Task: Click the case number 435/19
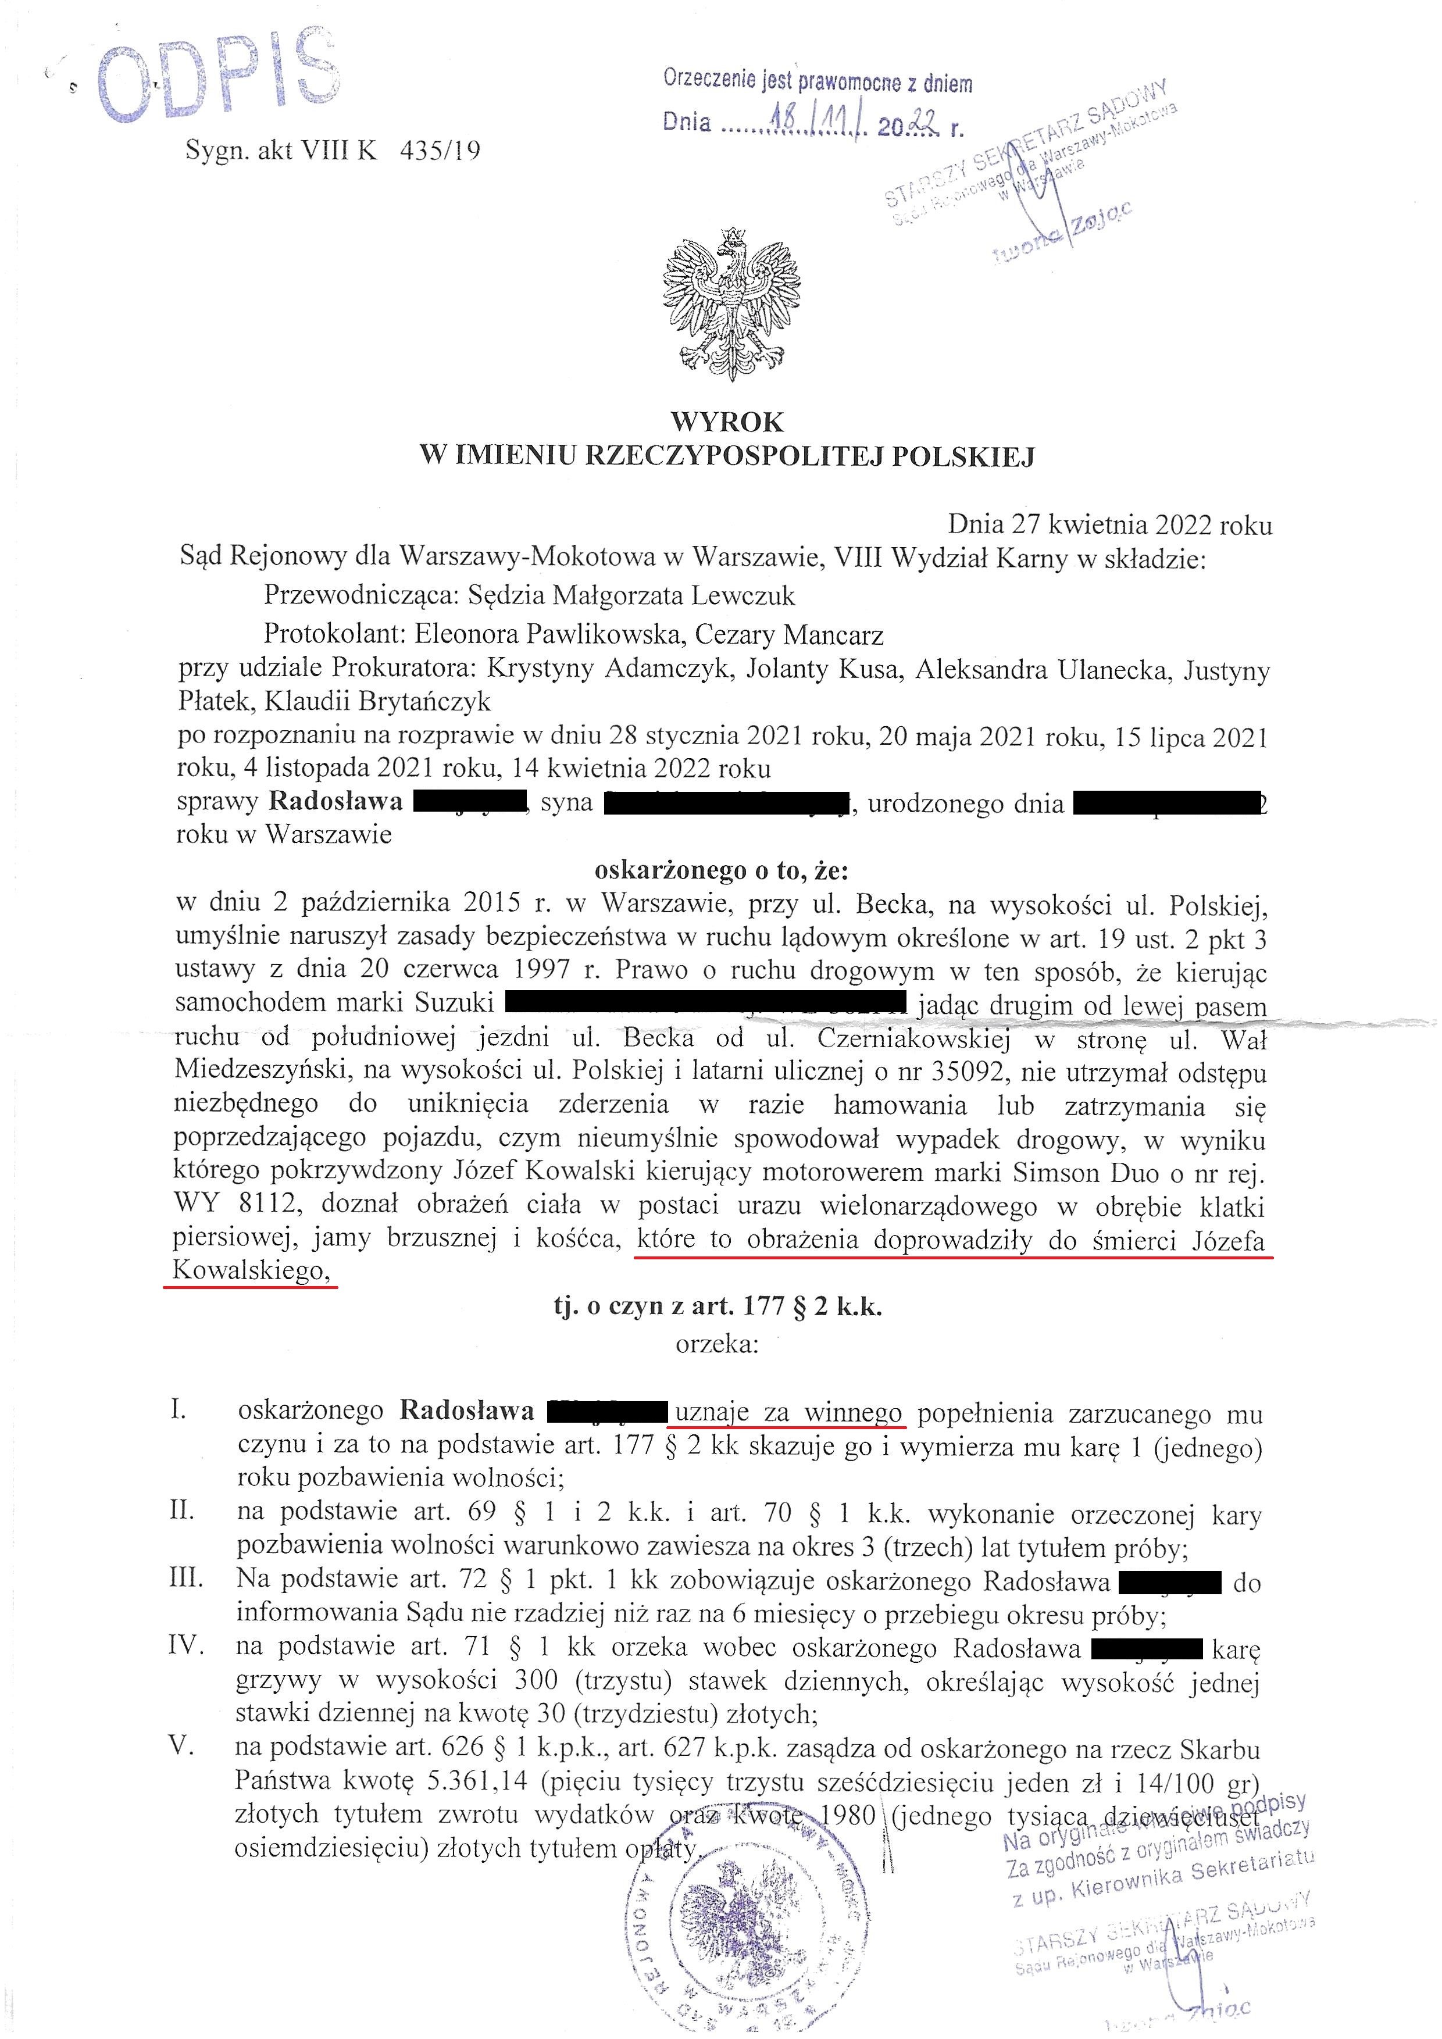click(440, 150)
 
